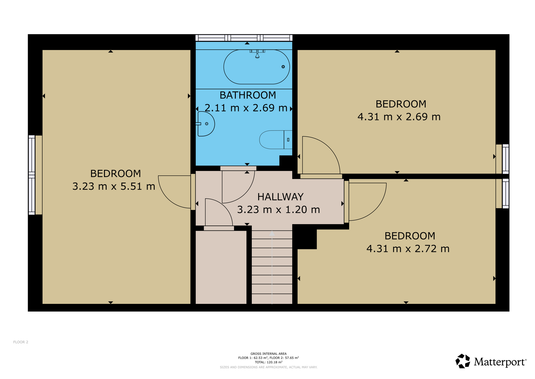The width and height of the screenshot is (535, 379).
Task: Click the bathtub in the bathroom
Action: [256, 67]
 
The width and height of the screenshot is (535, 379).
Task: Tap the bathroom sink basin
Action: [206, 124]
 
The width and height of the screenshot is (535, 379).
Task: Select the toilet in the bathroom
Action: [276, 140]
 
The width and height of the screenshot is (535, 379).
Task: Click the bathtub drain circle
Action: [283, 67]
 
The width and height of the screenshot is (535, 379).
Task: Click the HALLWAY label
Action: [281, 197]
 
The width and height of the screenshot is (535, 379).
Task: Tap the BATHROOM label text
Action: [248, 95]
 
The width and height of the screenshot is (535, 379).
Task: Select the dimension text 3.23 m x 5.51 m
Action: [114, 186]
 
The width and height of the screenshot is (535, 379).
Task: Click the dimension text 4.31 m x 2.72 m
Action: [408, 249]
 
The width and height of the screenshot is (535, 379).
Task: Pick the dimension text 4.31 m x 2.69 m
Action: [399, 117]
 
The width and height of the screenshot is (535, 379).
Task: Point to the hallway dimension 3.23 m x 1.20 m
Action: [279, 209]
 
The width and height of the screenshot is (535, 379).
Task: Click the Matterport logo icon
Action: [463, 361]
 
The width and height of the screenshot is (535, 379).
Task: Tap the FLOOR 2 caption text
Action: [21, 342]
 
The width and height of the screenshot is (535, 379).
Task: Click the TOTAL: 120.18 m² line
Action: [269, 362]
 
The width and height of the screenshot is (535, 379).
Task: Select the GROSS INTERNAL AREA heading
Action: [269, 354]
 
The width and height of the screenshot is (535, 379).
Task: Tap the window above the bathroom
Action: [244, 38]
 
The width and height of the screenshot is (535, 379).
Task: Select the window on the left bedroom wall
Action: [32, 175]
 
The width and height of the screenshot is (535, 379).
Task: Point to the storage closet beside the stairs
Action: [221, 267]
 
